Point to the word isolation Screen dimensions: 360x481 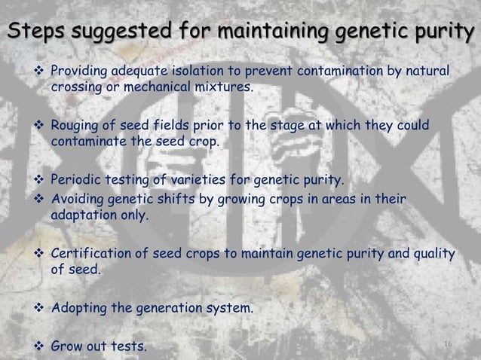coord(198,72)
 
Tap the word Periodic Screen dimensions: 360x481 coord(75,179)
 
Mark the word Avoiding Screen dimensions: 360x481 coord(76,199)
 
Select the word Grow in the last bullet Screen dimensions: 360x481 coord(66,346)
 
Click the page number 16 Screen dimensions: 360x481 coord(448,344)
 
